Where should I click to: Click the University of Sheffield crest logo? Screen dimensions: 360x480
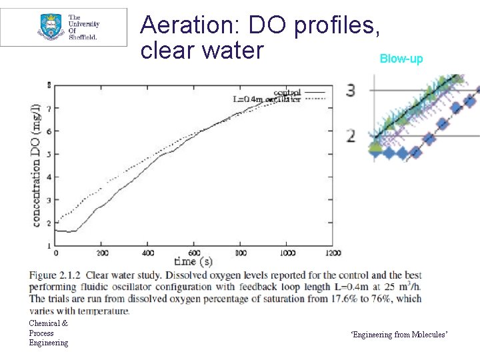click(50, 27)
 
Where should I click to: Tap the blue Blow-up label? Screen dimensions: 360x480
click(401, 59)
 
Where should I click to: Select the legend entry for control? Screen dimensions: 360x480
click(287, 92)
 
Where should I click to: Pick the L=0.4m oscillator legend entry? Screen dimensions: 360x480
click(266, 99)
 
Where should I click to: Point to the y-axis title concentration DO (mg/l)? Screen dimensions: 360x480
click(36, 165)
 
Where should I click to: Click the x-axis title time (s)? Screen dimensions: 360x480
click(193, 261)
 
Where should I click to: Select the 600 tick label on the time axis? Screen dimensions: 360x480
click(194, 253)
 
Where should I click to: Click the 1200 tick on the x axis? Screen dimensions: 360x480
click(333, 253)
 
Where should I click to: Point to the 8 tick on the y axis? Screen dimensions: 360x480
click(49, 85)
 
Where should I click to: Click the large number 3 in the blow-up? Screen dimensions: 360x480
click(351, 90)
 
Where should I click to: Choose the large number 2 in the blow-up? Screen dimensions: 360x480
click(351, 137)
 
